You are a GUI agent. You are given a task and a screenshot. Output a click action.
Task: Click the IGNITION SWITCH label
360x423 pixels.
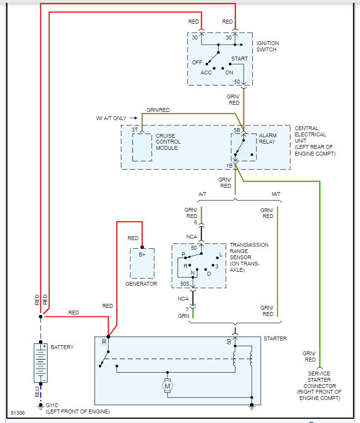pyautogui.click(x=267, y=47)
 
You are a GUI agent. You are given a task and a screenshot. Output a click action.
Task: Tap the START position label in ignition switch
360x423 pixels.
pyautogui.click(x=240, y=59)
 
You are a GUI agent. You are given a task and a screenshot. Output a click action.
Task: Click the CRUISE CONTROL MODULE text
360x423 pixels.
pyautogui.click(x=168, y=142)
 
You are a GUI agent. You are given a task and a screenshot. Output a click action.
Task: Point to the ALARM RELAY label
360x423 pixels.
pyautogui.click(x=268, y=139)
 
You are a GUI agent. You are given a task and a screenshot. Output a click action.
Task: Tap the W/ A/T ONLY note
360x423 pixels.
pyautogui.click(x=112, y=118)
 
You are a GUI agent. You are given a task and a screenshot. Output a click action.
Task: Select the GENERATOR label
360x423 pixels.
pyautogui.click(x=141, y=284)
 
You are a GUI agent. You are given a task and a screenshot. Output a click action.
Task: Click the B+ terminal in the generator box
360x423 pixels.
pyautogui.click(x=142, y=254)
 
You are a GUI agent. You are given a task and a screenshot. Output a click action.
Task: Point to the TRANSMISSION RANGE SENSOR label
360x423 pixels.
pyautogui.click(x=249, y=257)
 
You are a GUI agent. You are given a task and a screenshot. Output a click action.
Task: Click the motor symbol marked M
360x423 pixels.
pyautogui.click(x=168, y=385)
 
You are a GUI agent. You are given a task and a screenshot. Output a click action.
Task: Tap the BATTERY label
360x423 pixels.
pyautogui.click(x=62, y=347)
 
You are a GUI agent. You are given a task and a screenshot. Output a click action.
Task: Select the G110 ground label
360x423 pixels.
pyautogui.click(x=52, y=405)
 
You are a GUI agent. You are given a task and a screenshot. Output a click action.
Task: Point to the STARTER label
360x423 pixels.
pyautogui.click(x=275, y=338)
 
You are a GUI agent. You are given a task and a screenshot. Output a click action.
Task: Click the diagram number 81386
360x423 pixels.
pyautogui.click(x=18, y=413)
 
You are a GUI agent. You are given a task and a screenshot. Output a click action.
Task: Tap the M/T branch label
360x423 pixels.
pyautogui.click(x=276, y=193)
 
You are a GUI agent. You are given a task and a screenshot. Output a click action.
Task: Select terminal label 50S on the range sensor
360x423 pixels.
pyautogui.click(x=185, y=284)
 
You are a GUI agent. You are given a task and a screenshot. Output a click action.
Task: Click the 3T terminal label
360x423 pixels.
pyautogui.click(x=135, y=130)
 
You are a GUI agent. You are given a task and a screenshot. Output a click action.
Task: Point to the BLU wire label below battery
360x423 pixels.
pyautogui.click(x=37, y=391)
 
